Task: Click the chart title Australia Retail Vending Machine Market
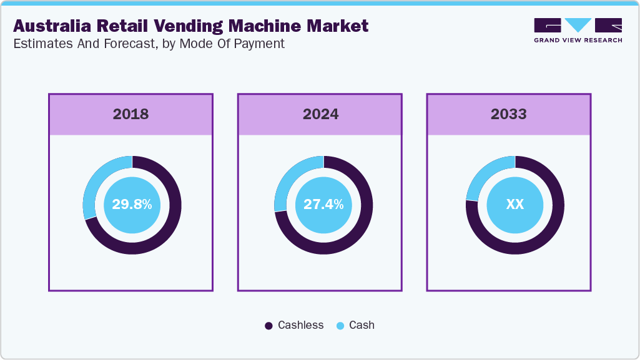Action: [190, 26]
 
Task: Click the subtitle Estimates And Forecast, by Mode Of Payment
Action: [149, 44]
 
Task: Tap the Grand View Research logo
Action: [578, 26]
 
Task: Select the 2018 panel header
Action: [130, 114]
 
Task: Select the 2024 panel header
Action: [320, 114]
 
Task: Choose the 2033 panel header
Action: [508, 114]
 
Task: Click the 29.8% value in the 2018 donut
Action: [132, 205]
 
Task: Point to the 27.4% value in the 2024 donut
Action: [323, 205]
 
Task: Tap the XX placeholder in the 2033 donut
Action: [514, 205]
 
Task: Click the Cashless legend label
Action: [300, 325]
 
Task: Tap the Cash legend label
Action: [362, 325]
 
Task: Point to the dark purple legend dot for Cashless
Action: [269, 326]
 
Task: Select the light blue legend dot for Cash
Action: [340, 326]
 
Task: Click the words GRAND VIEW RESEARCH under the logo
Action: [578, 40]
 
